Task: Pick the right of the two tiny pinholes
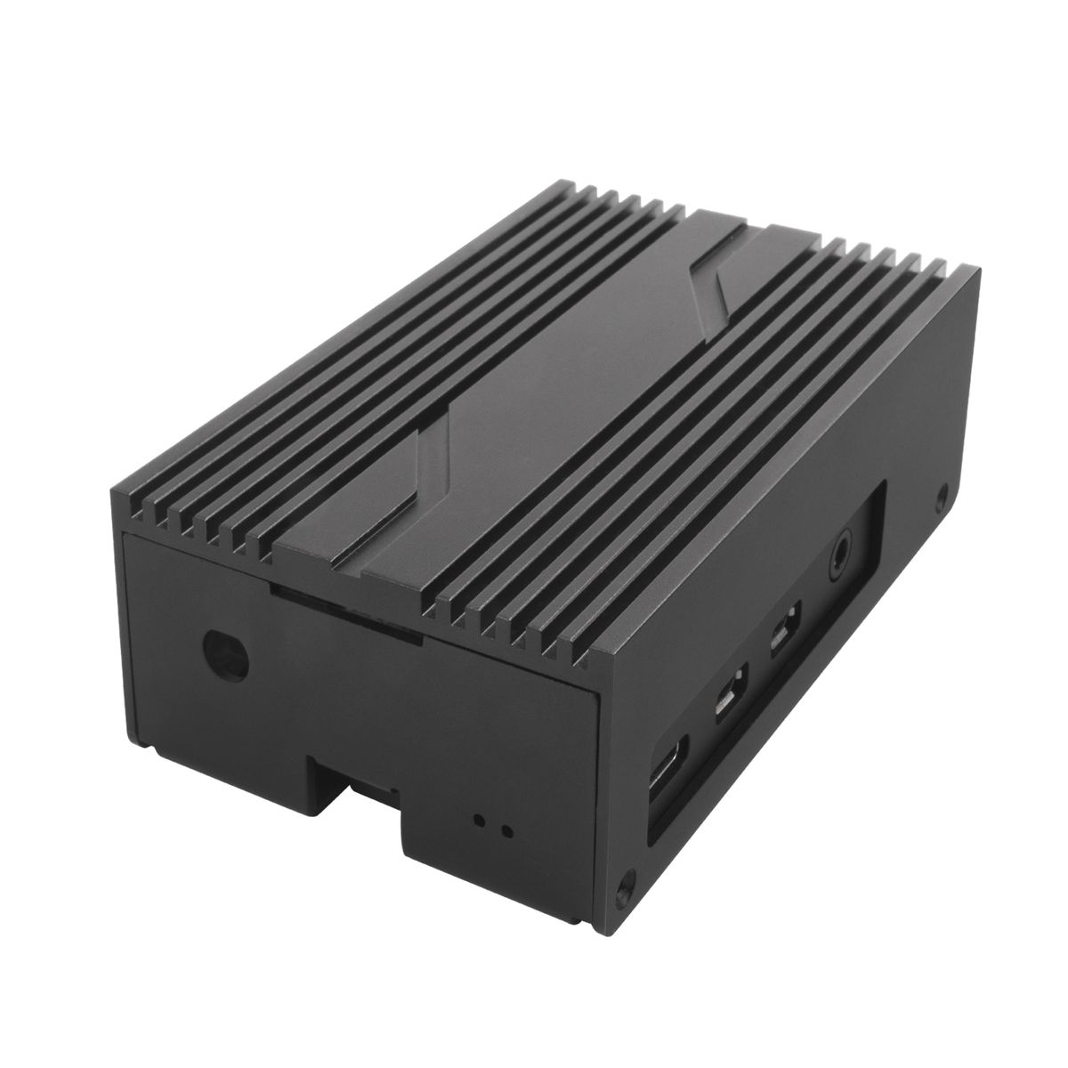(x=506, y=832)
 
